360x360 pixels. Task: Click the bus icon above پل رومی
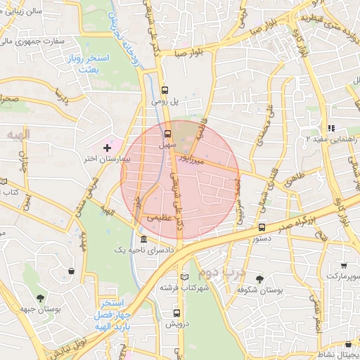click(x=165, y=89)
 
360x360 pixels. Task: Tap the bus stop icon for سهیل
click(x=167, y=133)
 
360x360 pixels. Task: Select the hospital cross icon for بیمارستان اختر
click(x=107, y=148)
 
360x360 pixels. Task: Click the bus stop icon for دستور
click(x=262, y=228)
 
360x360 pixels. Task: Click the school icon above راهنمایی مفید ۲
click(x=330, y=128)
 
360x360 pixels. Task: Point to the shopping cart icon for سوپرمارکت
click(x=344, y=265)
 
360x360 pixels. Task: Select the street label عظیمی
click(x=158, y=219)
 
